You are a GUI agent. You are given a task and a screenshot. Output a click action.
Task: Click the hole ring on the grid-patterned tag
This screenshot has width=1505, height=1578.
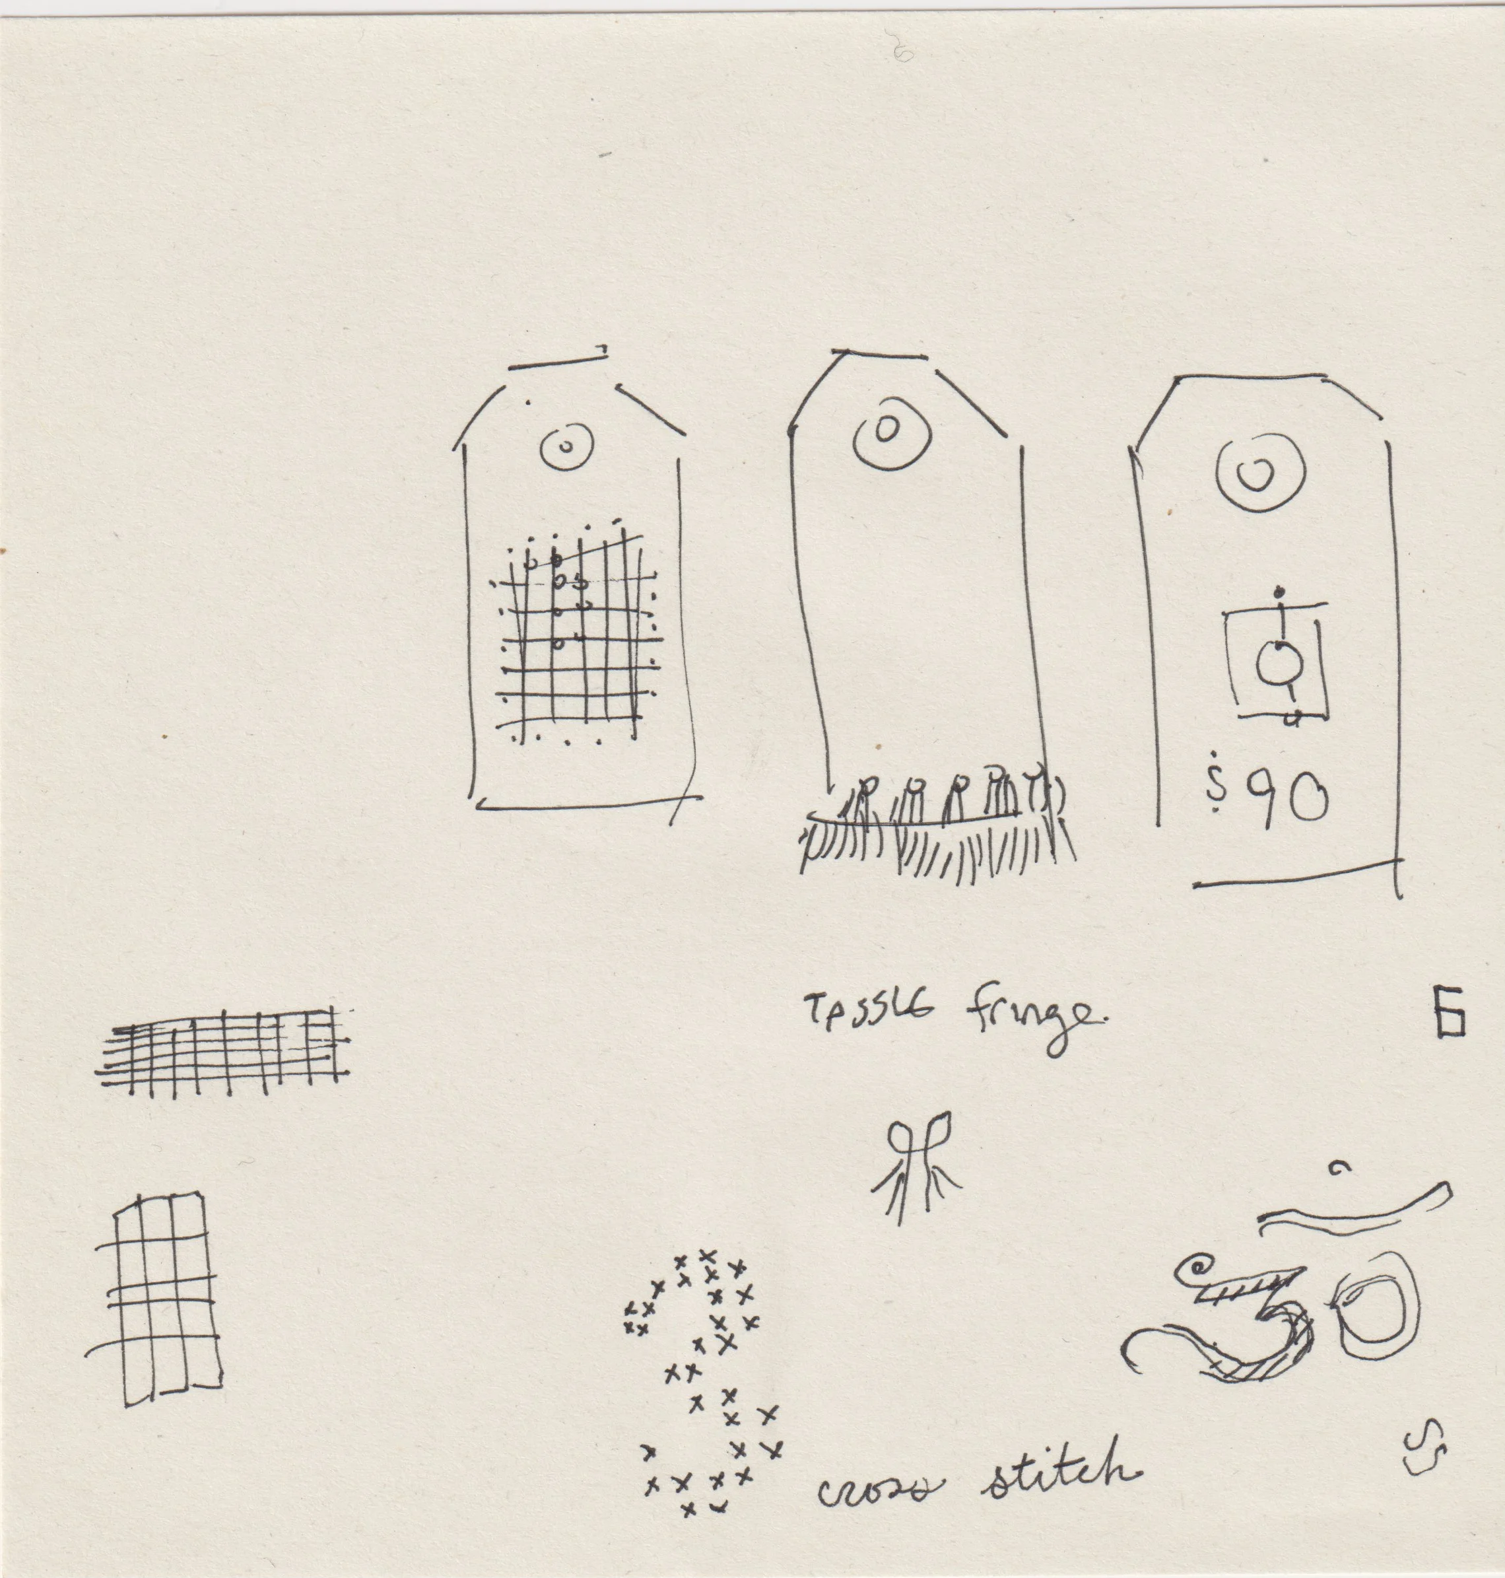click(x=566, y=448)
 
